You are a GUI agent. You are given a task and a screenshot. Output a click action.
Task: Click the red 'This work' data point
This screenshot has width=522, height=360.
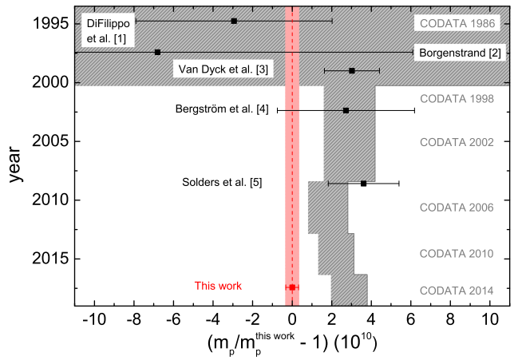coord(292,287)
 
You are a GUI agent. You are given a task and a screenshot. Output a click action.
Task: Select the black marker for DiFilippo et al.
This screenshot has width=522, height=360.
coord(234,21)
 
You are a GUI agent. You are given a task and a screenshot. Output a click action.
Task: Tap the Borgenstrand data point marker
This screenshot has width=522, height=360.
coord(157,52)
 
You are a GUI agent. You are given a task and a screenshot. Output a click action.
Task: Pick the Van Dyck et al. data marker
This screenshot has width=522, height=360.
coord(352,70)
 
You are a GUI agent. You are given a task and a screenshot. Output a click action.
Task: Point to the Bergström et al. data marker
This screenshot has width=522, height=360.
coord(346,110)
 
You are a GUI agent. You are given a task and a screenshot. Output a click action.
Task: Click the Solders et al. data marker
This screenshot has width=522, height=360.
coord(364,184)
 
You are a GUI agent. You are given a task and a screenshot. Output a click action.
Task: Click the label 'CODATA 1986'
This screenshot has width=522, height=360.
coord(457,23)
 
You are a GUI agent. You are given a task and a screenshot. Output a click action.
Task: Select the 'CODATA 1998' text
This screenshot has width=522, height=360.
coord(457,100)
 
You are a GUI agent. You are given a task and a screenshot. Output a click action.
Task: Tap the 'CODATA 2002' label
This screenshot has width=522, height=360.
coord(457,142)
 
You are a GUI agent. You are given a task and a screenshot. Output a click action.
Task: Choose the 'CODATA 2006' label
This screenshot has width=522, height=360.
coord(457,208)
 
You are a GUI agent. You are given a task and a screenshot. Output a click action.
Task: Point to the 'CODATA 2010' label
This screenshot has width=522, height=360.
coord(457,255)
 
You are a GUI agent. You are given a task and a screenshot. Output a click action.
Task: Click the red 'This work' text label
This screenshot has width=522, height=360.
coord(218,286)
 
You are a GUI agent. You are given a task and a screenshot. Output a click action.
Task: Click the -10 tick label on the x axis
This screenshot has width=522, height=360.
coord(94,321)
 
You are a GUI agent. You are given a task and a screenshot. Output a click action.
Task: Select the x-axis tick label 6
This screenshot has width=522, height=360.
coord(410,321)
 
